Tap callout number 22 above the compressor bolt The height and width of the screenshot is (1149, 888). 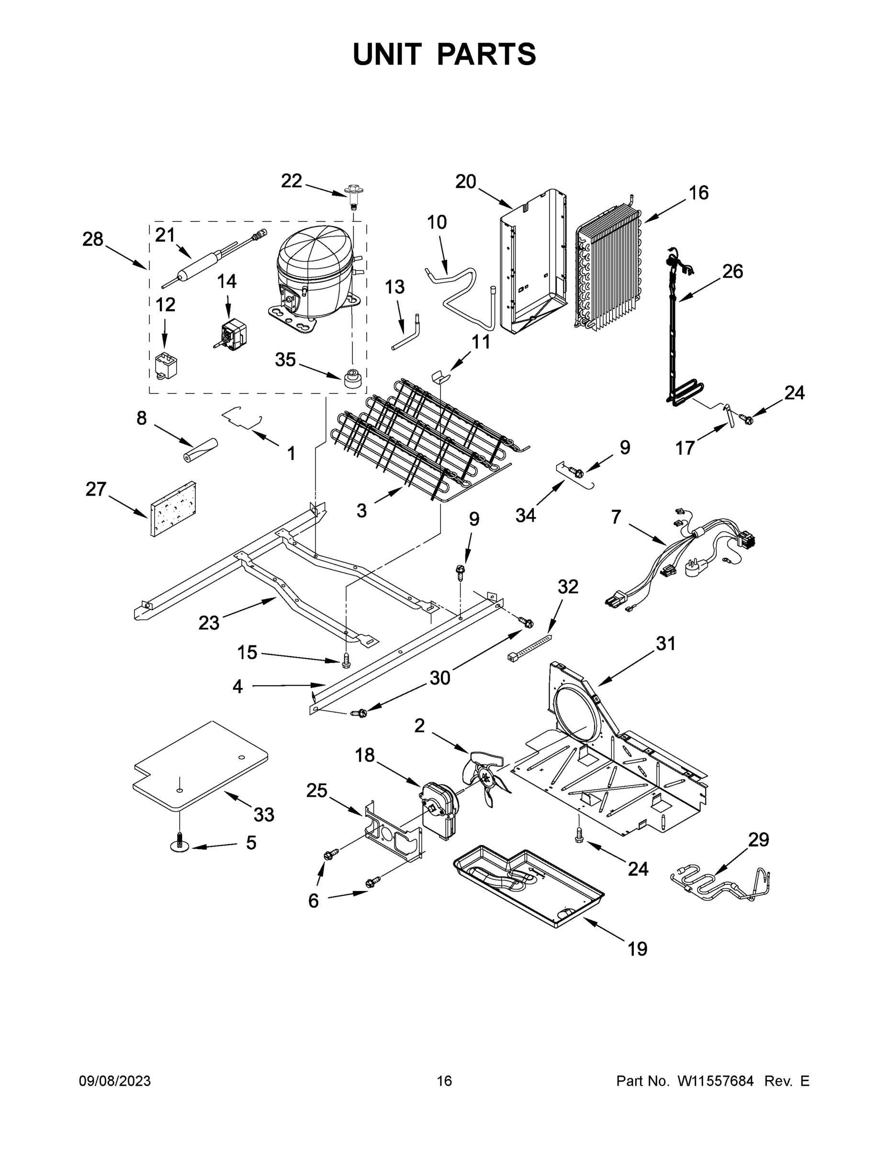point(292,181)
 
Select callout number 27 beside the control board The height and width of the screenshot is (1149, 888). point(96,489)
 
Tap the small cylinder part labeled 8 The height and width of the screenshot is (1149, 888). point(201,451)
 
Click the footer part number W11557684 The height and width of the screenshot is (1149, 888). point(716,1081)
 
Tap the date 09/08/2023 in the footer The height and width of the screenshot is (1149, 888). point(115,1081)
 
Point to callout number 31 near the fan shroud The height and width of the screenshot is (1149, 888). point(665,643)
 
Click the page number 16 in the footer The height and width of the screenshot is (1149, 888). point(445,1081)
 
